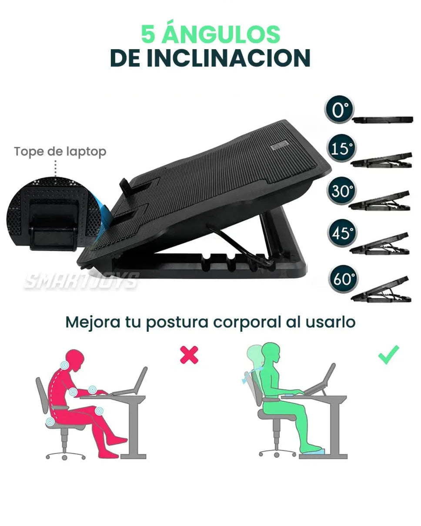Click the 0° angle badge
click(339, 109)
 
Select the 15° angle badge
click(341, 148)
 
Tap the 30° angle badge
click(341, 190)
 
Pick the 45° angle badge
click(342, 233)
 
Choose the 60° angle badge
click(343, 279)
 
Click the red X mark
click(189, 355)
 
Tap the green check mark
click(389, 354)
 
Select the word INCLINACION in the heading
click(229, 58)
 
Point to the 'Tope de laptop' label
click(60, 152)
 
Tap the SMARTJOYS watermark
click(82, 280)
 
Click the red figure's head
click(74, 360)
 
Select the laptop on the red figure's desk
click(130, 380)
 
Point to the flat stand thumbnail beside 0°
click(383, 120)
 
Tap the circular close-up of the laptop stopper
click(54, 214)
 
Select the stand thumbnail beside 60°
click(381, 290)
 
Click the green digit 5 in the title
click(148, 34)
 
